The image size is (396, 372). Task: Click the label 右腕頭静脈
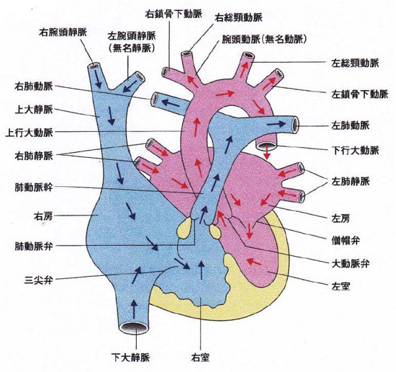(63, 33)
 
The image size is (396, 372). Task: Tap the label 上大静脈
(34, 110)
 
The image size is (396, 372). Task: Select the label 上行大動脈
(30, 133)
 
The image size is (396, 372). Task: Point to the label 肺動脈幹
(34, 187)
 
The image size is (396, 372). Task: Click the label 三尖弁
(39, 280)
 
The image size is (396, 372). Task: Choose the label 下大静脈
(131, 358)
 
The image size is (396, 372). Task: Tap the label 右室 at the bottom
(201, 358)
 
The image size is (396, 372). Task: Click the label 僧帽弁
(345, 241)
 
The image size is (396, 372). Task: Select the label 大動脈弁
(350, 264)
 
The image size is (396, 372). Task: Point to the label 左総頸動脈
(355, 63)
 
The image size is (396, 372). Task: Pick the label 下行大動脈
(355, 151)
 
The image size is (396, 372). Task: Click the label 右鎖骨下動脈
(174, 14)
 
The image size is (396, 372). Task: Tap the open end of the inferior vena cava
(134, 328)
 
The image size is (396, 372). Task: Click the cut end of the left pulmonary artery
(295, 125)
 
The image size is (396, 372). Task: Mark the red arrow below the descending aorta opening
(267, 154)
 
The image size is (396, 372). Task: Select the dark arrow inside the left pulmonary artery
(276, 124)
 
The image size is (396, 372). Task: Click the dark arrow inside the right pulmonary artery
(171, 103)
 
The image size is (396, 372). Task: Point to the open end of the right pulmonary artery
(154, 99)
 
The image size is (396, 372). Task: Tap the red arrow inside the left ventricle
(254, 262)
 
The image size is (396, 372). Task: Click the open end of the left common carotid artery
(247, 56)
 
